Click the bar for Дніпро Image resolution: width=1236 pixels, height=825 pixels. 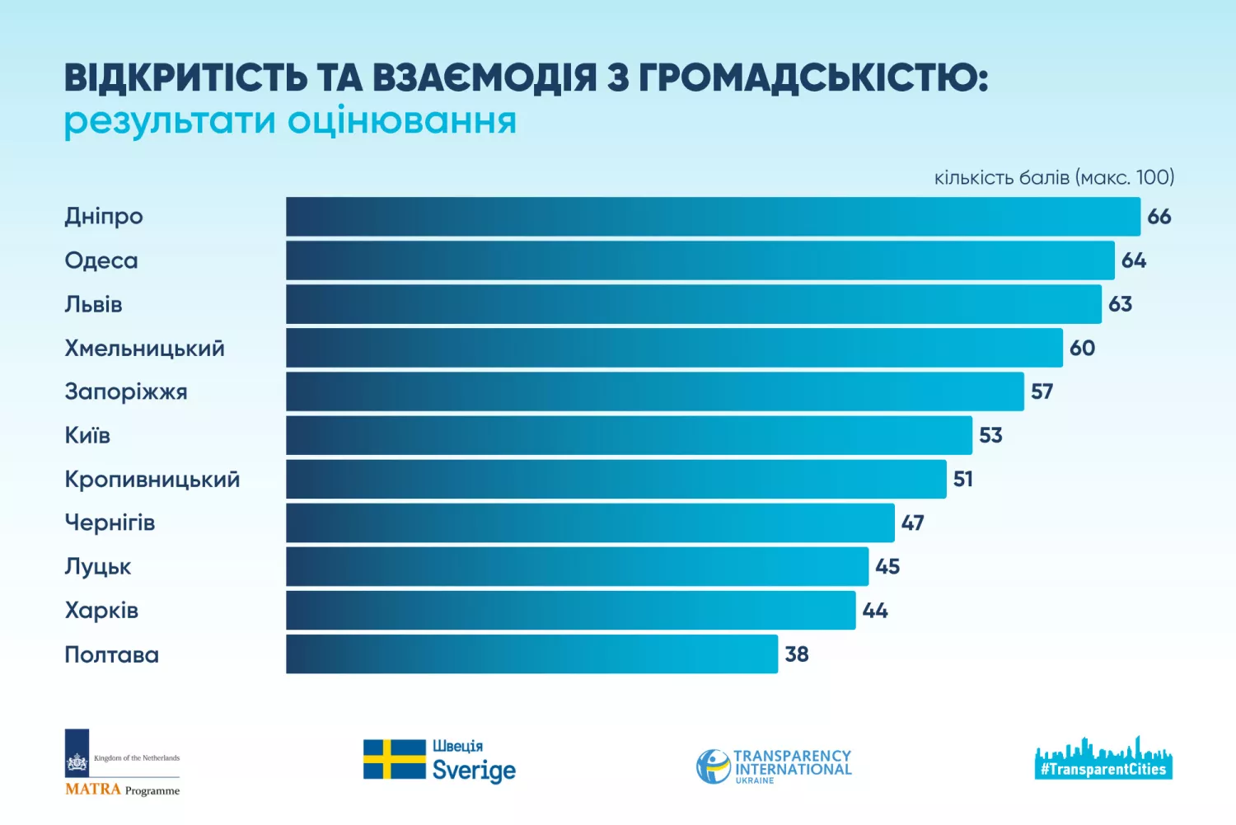(x=713, y=217)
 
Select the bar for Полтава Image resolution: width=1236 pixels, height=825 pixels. (x=531, y=654)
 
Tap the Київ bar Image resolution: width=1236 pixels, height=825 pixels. (x=629, y=435)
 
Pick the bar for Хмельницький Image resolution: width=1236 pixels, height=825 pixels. (x=674, y=348)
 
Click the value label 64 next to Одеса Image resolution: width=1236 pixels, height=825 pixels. (x=1134, y=260)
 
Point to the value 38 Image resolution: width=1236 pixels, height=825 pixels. (x=797, y=654)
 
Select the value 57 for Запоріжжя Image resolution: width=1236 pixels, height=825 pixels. (x=1042, y=391)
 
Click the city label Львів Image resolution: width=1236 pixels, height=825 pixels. (x=93, y=304)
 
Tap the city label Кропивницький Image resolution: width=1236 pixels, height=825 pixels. (x=152, y=479)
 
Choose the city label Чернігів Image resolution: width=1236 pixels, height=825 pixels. (x=110, y=523)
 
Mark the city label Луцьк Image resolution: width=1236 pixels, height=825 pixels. (x=98, y=567)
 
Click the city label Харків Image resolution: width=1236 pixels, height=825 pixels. (x=101, y=611)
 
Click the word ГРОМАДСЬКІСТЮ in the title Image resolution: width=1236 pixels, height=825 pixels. (x=812, y=78)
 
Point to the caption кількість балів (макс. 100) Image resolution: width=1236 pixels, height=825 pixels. (x=1054, y=177)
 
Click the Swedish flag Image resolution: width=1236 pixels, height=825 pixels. (x=395, y=759)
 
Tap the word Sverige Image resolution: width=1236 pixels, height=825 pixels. (x=474, y=771)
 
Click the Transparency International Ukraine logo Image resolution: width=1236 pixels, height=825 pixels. (x=774, y=766)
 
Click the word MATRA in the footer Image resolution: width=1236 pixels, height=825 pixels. (x=93, y=790)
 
